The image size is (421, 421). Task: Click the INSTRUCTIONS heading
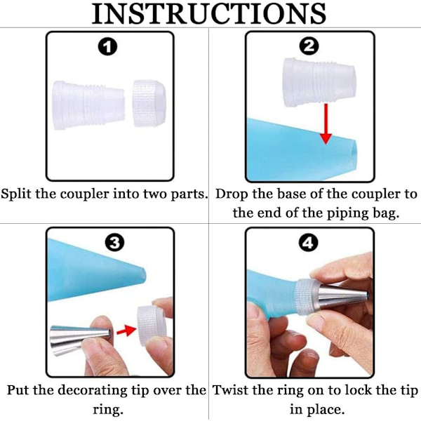pyautogui.click(x=209, y=13)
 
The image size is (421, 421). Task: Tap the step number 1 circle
pyautogui.click(x=107, y=47)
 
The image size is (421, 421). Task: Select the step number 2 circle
pyautogui.click(x=309, y=46)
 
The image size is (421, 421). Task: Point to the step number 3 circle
pyautogui.click(x=114, y=243)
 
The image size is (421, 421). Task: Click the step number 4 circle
pyautogui.click(x=308, y=243)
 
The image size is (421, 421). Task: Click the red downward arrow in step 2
pyautogui.click(x=326, y=123)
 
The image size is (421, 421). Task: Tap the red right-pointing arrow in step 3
pyautogui.click(x=126, y=330)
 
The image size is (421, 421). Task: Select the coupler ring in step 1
pyautogui.click(x=149, y=103)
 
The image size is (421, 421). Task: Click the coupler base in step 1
pyautogui.click(x=89, y=105)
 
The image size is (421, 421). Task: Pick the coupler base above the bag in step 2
pyautogui.click(x=319, y=82)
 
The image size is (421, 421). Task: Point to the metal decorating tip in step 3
pyautogui.click(x=81, y=340)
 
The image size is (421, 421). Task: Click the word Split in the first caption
pyautogui.click(x=16, y=194)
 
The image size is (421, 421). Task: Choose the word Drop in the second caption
pyautogui.click(x=232, y=194)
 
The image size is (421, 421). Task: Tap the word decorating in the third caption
pyautogui.click(x=93, y=391)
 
